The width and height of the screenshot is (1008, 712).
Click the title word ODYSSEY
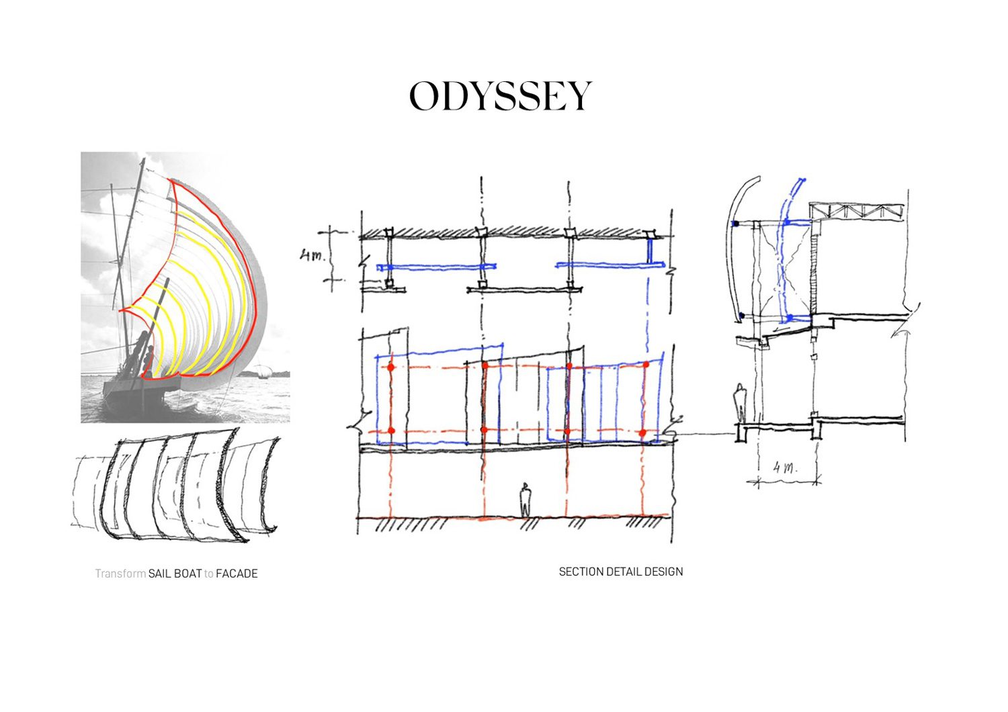tap(501, 96)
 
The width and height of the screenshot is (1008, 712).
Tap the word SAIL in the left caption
tap(160, 574)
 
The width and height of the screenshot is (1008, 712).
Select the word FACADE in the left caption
tap(237, 574)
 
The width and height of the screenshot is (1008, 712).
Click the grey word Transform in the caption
tap(120, 574)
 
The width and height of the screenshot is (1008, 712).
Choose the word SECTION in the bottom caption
tap(581, 572)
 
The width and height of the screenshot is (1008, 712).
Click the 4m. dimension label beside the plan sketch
tap(312, 256)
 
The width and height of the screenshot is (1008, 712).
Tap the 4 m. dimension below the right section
tap(784, 468)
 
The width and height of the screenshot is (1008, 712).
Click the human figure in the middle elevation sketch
tap(526, 500)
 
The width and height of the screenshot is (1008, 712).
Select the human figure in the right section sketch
tap(740, 403)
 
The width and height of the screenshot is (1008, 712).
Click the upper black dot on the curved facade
tap(736, 224)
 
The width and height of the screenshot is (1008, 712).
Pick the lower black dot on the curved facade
tap(742, 315)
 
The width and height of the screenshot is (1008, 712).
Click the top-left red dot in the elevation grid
tap(390, 367)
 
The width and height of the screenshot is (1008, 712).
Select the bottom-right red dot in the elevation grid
tap(643, 433)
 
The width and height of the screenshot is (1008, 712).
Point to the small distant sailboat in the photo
tap(263, 372)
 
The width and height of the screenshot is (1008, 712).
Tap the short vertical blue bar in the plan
tap(650, 252)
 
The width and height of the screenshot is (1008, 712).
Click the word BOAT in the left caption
tap(188, 574)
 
